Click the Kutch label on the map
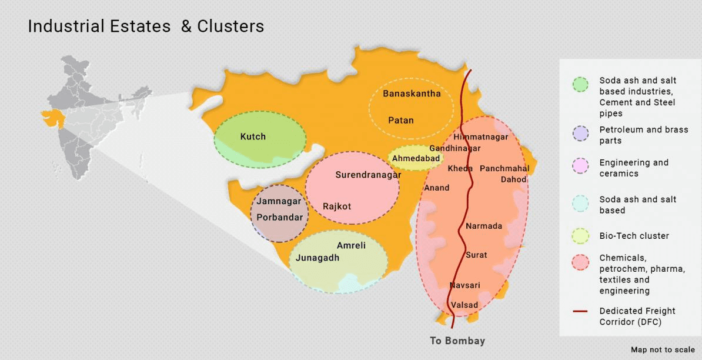point(253,136)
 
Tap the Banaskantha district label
point(412,94)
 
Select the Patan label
point(401,120)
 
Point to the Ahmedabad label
point(416,159)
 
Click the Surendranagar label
point(368,175)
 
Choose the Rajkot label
point(337,206)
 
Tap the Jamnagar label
point(279,201)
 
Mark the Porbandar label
point(280,217)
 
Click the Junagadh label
point(317,258)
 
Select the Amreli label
point(351,245)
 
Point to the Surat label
point(476,255)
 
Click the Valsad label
point(464,305)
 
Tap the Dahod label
point(513,179)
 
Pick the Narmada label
point(484,226)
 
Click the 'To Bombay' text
point(457,341)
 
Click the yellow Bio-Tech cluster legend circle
point(580,236)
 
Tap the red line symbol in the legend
point(580,311)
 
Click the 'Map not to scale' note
point(663,349)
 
